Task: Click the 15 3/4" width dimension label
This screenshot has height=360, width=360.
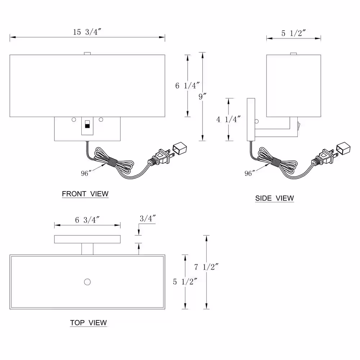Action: [87, 32]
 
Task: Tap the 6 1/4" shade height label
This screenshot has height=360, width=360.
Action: [187, 86]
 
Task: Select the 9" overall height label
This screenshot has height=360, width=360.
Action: [202, 96]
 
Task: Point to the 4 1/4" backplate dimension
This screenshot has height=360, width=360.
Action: [229, 120]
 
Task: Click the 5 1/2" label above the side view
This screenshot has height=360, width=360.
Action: [294, 33]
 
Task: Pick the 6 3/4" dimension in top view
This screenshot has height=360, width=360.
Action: [87, 220]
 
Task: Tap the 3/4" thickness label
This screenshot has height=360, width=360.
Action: [148, 219]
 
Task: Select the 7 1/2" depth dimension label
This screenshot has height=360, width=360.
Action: [206, 267]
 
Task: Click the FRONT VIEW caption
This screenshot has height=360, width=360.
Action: [85, 194]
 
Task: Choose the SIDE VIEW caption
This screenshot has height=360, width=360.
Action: [275, 198]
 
